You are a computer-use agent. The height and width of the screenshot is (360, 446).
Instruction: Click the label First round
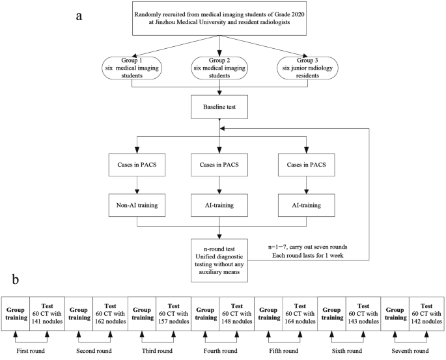pos(31,350)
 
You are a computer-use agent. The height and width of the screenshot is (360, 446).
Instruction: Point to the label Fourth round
pos(221,350)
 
